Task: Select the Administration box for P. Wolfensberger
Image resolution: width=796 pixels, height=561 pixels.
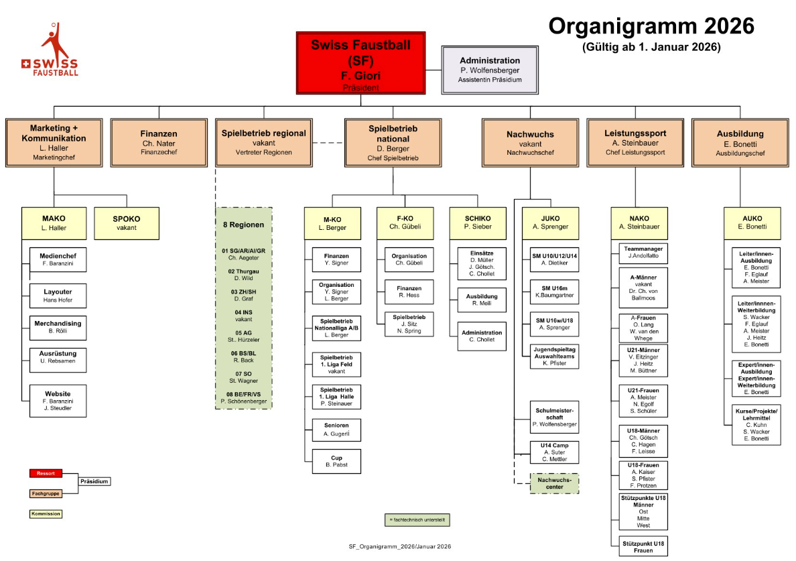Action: coord(489,70)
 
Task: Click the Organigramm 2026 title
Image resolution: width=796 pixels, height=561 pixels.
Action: coord(651,26)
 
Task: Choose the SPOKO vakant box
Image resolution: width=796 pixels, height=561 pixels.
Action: coord(127,223)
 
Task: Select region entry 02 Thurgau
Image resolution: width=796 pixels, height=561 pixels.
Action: coord(243,275)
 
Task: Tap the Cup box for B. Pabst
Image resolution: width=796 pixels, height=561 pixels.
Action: coord(337,460)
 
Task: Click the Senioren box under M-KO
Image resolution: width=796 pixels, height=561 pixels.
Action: coord(337,430)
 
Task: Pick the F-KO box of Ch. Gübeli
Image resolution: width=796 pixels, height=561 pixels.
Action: coord(405,223)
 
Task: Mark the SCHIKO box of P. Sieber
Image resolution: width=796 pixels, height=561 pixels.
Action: coord(478,223)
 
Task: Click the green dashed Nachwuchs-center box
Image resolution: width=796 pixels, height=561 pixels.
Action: coord(554,483)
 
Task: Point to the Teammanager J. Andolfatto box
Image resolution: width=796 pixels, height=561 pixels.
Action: coord(639,252)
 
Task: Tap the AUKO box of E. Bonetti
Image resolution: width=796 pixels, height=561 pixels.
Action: coord(752,223)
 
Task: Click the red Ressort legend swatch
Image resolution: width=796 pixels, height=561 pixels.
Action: coord(46,474)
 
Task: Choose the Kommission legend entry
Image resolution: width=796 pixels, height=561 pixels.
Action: coord(46,514)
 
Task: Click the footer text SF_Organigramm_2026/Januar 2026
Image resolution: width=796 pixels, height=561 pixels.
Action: coord(400,547)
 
